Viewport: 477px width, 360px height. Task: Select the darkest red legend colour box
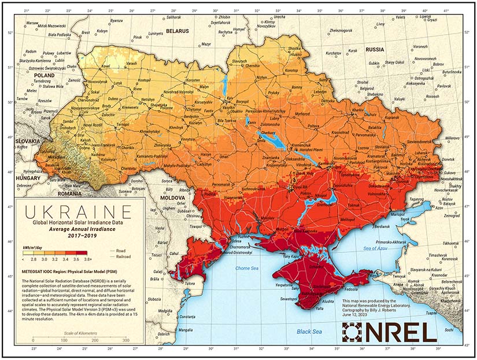click(x=82, y=252)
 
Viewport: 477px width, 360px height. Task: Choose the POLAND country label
click(x=44, y=75)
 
